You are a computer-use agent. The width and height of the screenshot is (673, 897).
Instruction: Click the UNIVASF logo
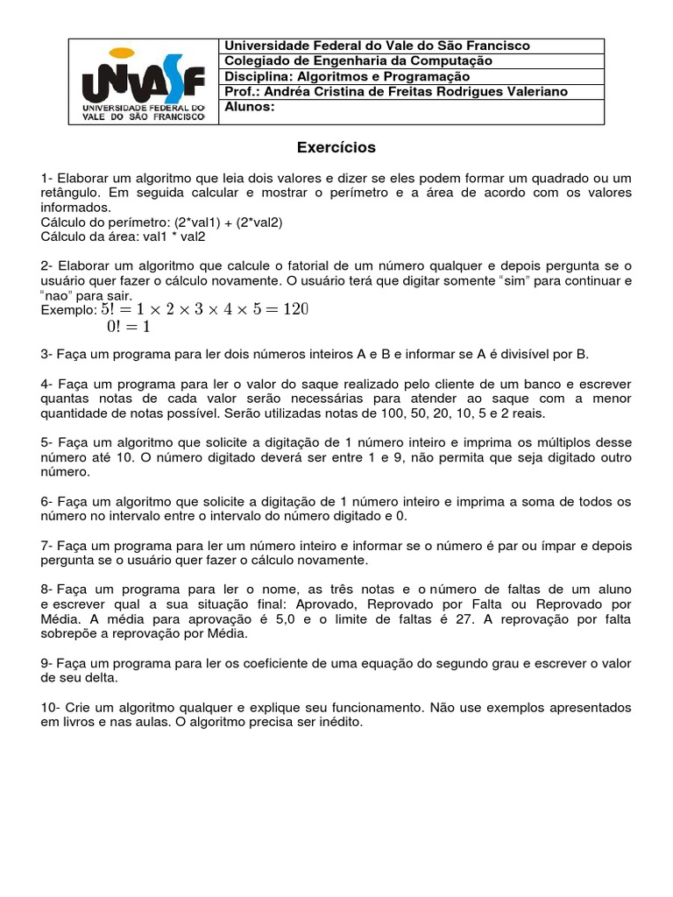point(143,81)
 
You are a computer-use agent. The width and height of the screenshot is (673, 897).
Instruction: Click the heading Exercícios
point(336,147)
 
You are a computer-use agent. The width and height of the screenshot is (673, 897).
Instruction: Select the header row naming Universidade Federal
point(378,46)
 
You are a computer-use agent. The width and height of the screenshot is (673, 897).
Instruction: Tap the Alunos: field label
point(251,107)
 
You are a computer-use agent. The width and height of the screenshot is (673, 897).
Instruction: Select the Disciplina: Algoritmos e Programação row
point(348,76)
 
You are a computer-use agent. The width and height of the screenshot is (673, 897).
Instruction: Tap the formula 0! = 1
point(128,327)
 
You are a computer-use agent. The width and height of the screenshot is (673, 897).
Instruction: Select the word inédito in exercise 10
point(337,722)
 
